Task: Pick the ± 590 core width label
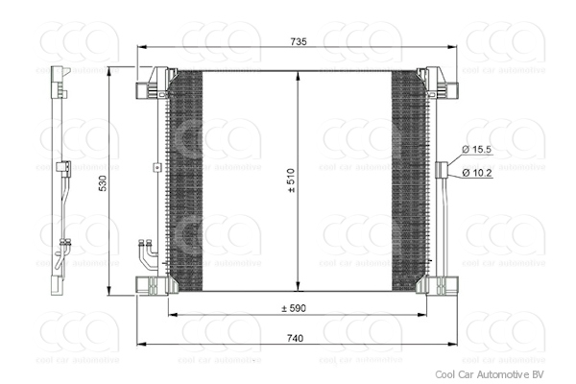(x=294, y=307)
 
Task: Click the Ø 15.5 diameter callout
(x=477, y=150)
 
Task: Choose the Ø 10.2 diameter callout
(x=477, y=172)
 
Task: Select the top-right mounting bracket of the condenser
(x=444, y=86)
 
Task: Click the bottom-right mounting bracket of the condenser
(x=443, y=285)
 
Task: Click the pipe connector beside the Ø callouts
(x=444, y=171)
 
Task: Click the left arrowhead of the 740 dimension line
(x=139, y=343)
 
